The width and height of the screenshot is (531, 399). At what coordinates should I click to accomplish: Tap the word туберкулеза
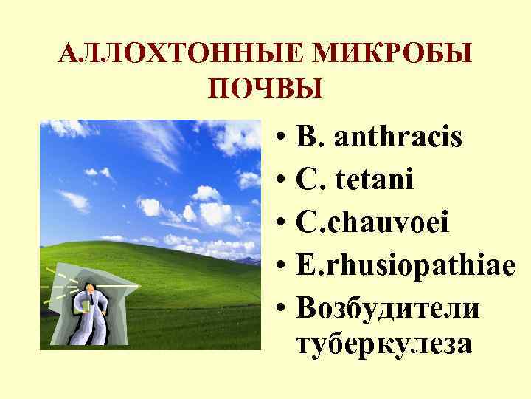[383, 344]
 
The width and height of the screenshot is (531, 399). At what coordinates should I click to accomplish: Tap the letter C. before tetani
[308, 178]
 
